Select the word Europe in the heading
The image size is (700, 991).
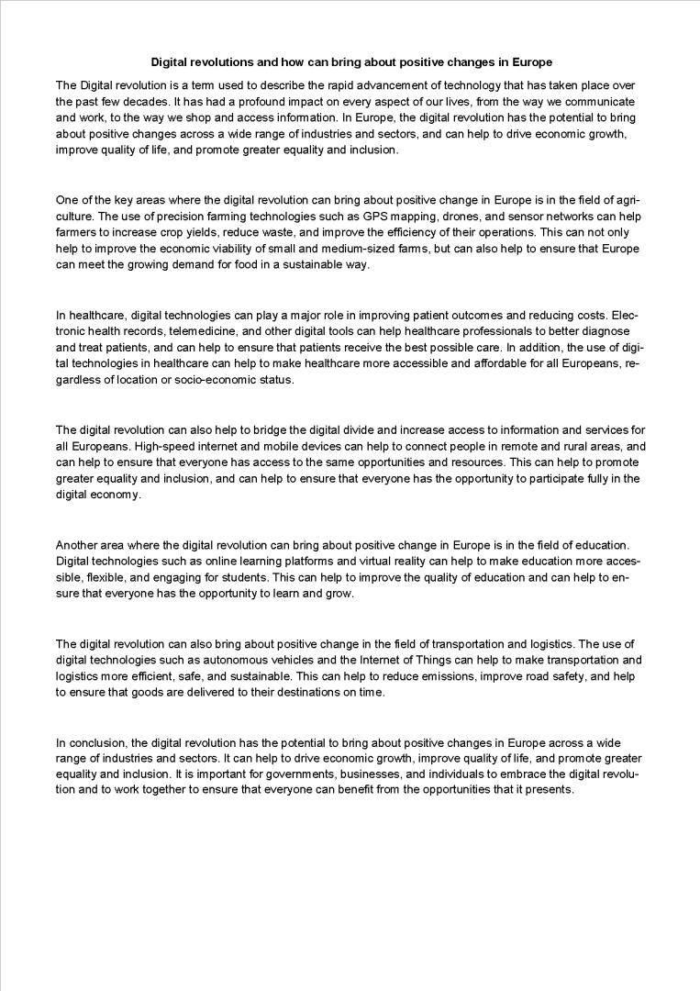532,63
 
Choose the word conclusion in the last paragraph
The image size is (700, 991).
94,741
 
